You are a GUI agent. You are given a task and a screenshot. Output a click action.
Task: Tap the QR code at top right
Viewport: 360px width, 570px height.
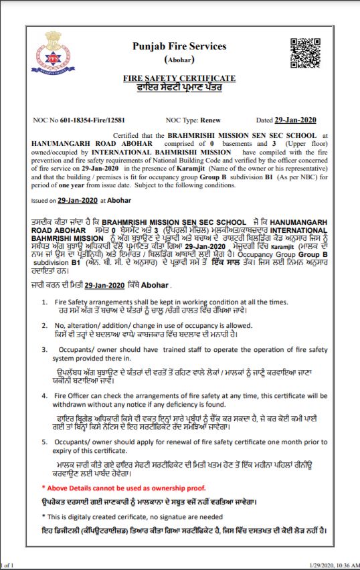coord(302,52)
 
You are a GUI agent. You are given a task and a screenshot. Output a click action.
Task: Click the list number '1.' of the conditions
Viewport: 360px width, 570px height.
coord(44,302)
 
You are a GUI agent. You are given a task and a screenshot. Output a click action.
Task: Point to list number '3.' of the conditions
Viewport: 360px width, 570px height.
coord(44,349)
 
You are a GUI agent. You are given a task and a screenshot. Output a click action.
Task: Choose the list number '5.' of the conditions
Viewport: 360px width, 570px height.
coord(44,442)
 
